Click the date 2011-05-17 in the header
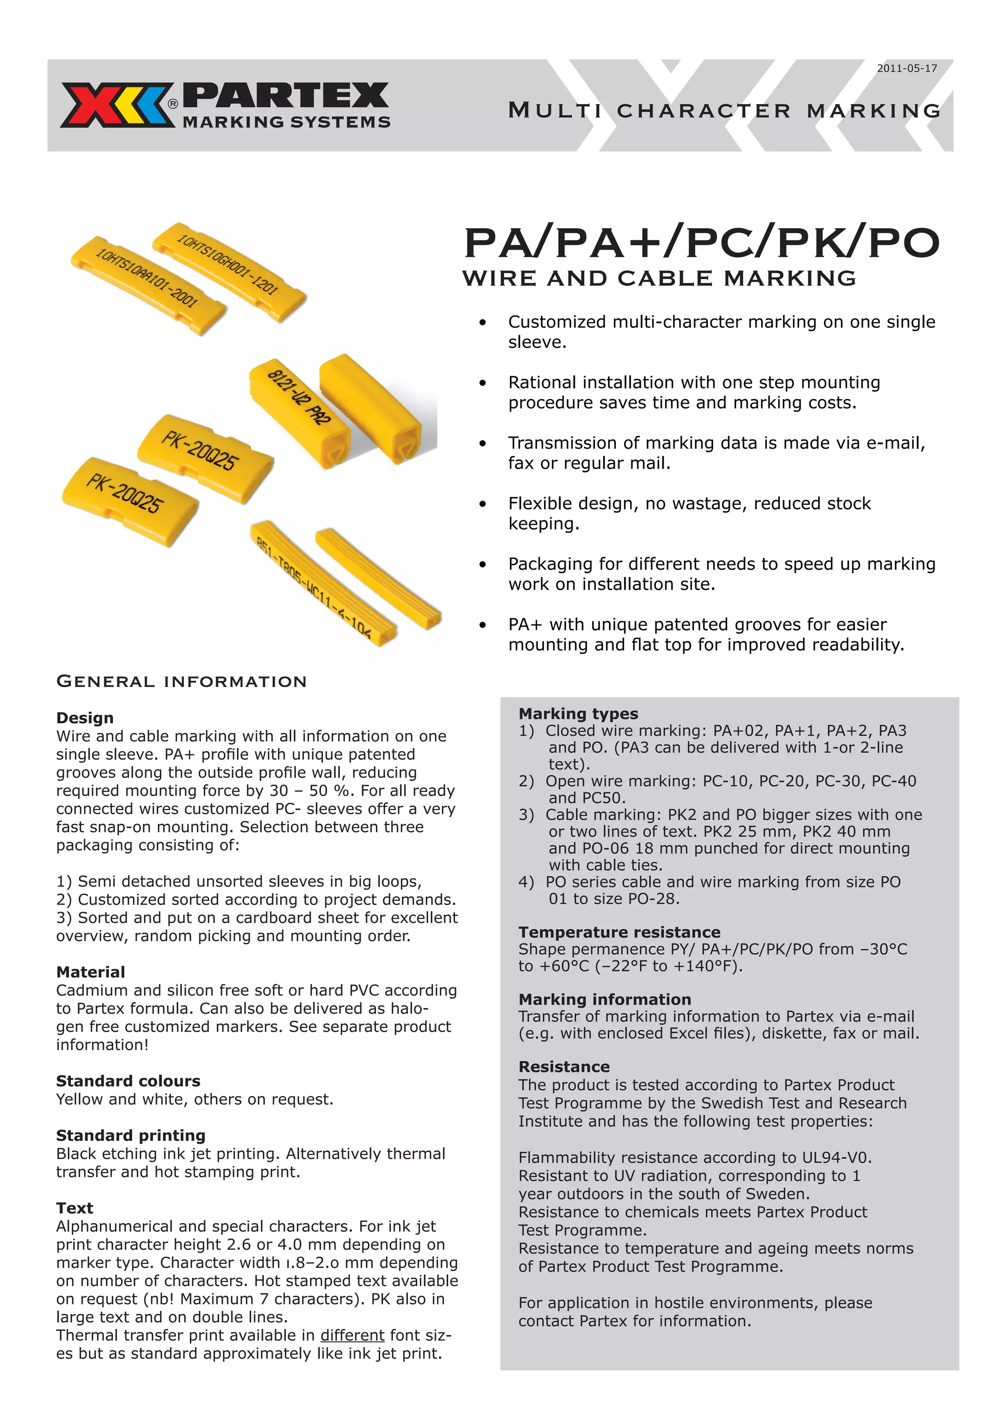[907, 68]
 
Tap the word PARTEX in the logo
[286, 96]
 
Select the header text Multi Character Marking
[724, 111]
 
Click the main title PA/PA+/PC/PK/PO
[701, 243]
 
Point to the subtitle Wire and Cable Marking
[659, 279]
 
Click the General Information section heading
[181, 682]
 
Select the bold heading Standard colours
[128, 1081]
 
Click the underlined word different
[352, 1335]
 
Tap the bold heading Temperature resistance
[619, 932]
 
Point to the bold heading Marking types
[578, 714]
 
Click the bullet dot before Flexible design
[482, 504]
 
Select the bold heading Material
[90, 972]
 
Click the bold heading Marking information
[604, 1000]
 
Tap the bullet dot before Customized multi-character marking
[482, 322]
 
